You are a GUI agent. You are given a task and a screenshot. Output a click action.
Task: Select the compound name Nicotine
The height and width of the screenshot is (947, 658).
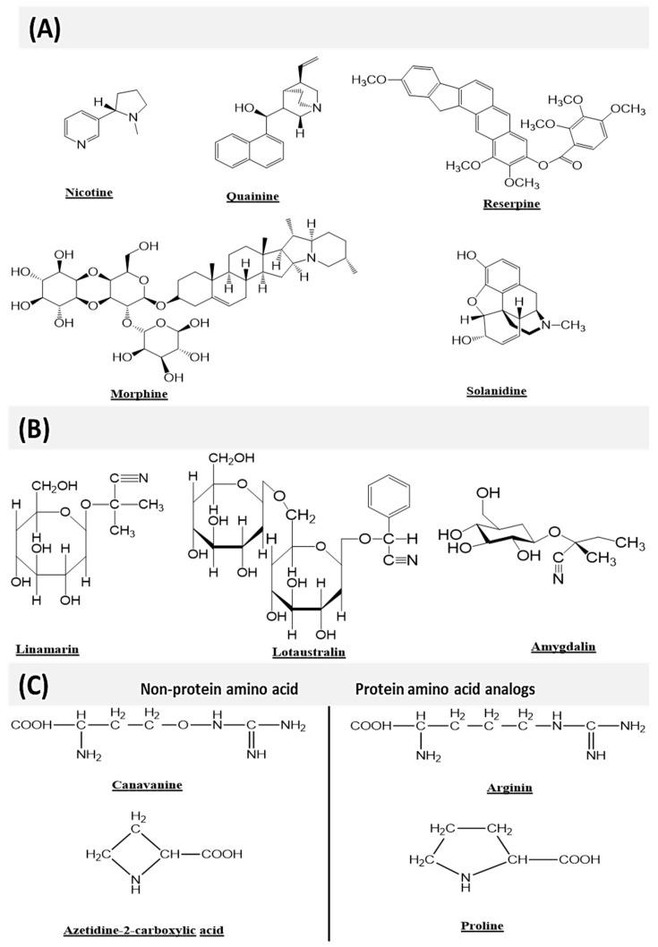pos(89,192)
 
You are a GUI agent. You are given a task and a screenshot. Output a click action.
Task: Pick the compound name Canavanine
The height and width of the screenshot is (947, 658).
pos(148,784)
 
